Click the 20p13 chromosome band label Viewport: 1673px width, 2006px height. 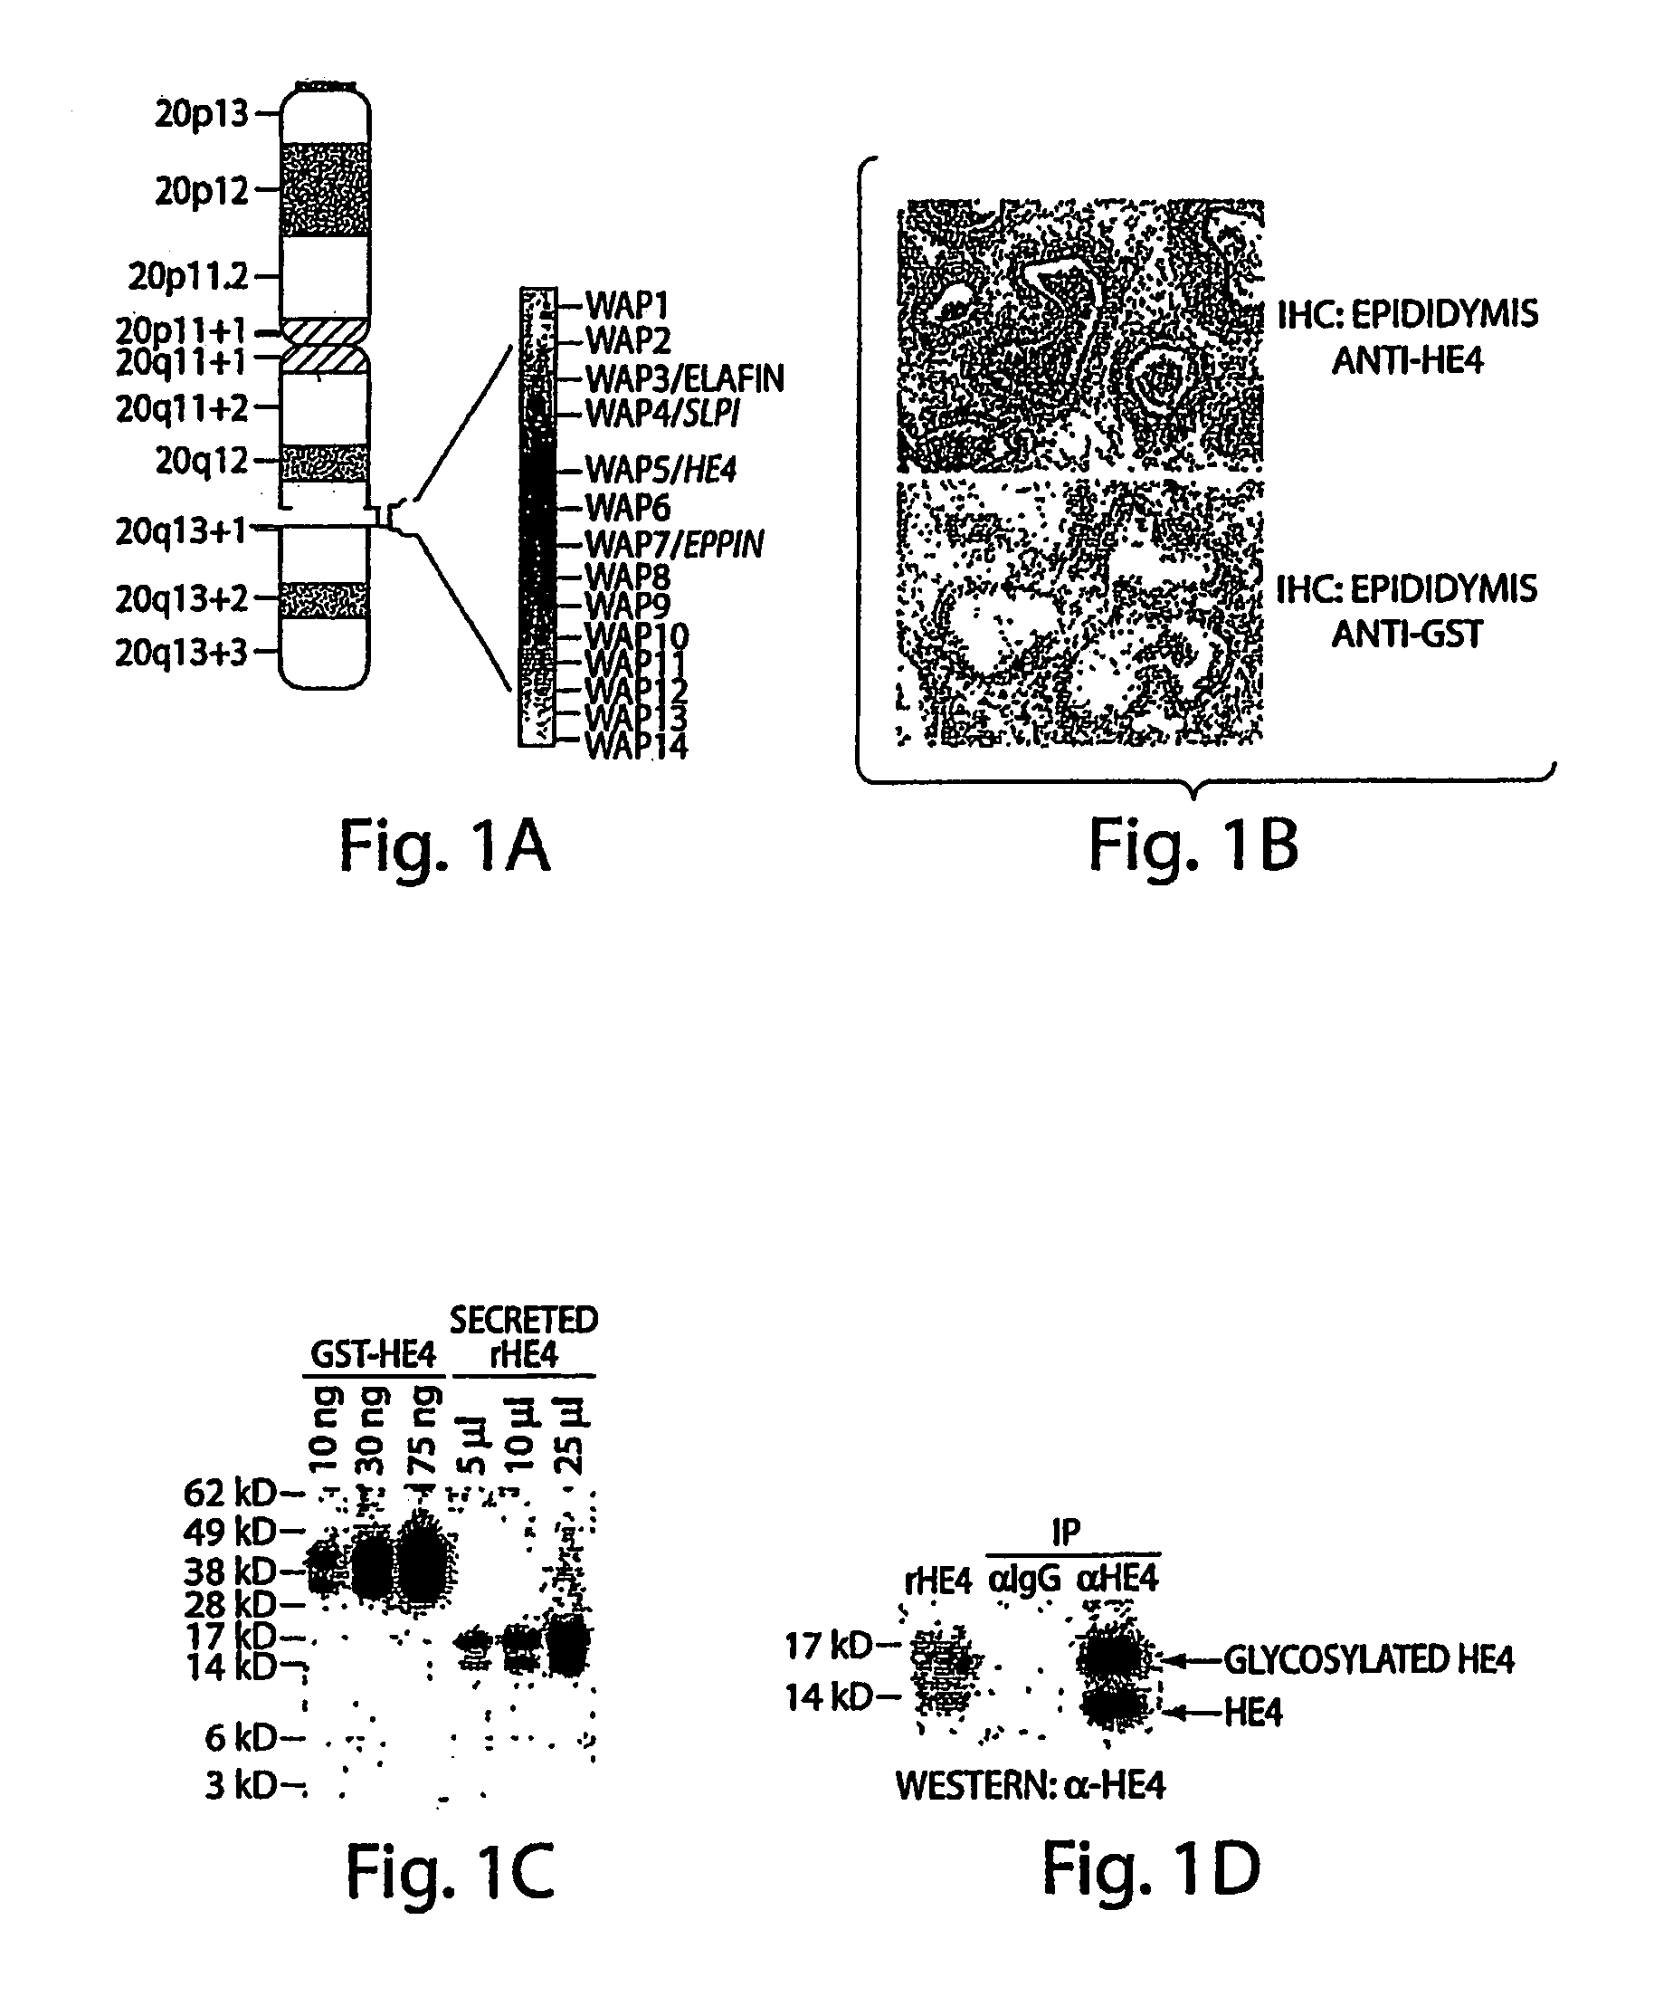coord(202,114)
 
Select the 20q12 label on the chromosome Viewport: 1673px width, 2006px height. coord(202,462)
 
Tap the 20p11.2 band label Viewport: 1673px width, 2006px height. coord(188,277)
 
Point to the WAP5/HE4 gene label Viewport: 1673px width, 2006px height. coord(661,469)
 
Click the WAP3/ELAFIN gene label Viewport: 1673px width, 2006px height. coord(685,378)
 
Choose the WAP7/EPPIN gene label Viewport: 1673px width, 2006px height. coord(674,543)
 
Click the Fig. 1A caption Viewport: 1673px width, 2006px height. coord(445,847)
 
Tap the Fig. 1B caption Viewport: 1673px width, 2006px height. coord(1193,847)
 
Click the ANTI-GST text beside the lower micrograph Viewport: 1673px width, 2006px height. coord(1407,634)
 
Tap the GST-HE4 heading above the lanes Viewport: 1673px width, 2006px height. coord(373,1354)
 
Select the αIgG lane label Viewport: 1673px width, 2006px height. coord(1023,1578)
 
